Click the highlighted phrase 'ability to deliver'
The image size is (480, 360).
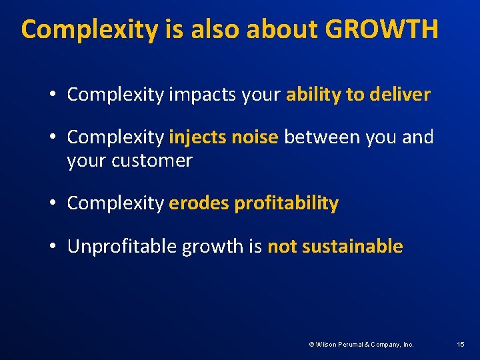[358, 95]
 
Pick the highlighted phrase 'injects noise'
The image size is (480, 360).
[223, 137]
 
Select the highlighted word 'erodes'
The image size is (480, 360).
[199, 203]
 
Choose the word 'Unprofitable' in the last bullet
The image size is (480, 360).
[123, 247]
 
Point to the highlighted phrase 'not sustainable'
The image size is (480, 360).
[335, 247]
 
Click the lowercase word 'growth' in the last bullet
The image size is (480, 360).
[213, 247]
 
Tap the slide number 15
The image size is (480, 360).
[461, 344]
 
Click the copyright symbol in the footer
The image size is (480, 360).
[311, 345]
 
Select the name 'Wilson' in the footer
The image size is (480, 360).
[327, 345]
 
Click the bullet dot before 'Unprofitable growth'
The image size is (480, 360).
[52, 247]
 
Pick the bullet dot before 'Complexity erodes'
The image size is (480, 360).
[52, 204]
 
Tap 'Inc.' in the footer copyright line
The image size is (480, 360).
[407, 345]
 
